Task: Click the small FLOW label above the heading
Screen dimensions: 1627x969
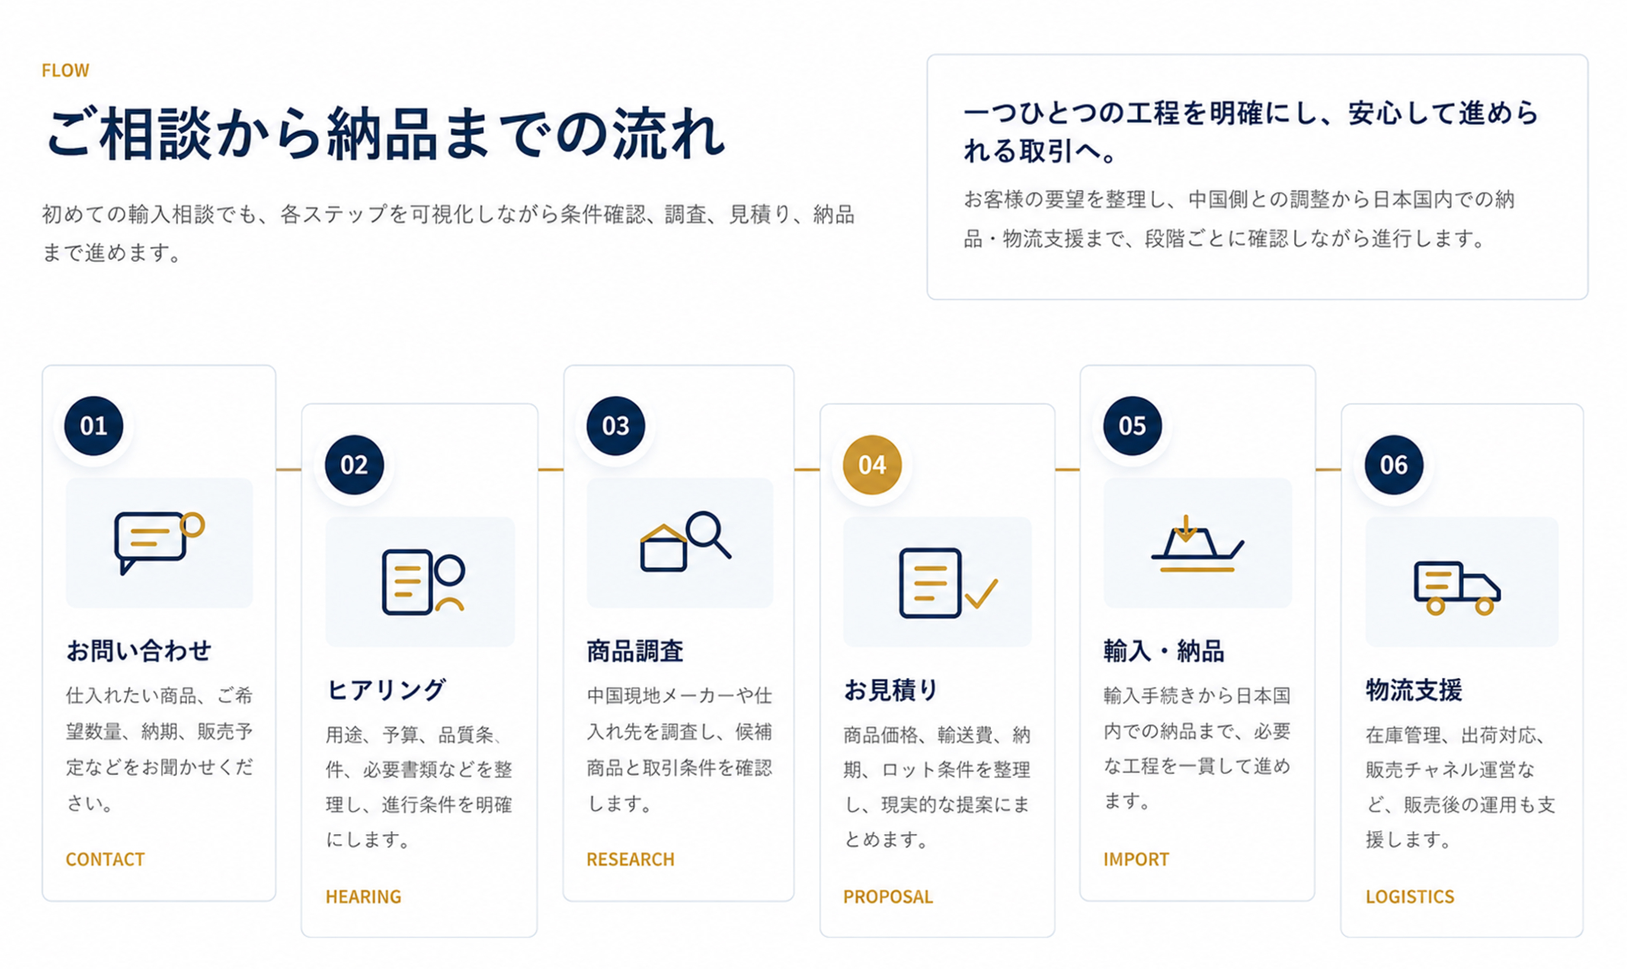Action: coord(65,70)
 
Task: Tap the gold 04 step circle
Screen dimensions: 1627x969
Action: coord(872,465)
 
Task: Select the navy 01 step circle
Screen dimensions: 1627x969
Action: coord(93,426)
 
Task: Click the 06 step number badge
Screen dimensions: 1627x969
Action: coord(1393,465)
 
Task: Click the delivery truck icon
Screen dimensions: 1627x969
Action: coord(1457,588)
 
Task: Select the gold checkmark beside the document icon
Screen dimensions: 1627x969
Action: coord(981,593)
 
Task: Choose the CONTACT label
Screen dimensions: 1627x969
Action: coord(105,860)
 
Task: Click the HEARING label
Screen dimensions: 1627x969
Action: coord(363,897)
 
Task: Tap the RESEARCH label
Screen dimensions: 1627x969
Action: coord(630,860)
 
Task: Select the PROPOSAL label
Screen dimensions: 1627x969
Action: coord(888,897)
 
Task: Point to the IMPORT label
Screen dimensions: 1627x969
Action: coord(1136,860)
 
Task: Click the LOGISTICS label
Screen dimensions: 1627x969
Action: coord(1410,897)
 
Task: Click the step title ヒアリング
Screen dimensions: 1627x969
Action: coord(386,690)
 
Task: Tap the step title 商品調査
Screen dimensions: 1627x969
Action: coord(635,651)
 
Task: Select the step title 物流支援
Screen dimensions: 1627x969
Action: coord(1414,690)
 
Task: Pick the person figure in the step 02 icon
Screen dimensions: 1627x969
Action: coord(450,581)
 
